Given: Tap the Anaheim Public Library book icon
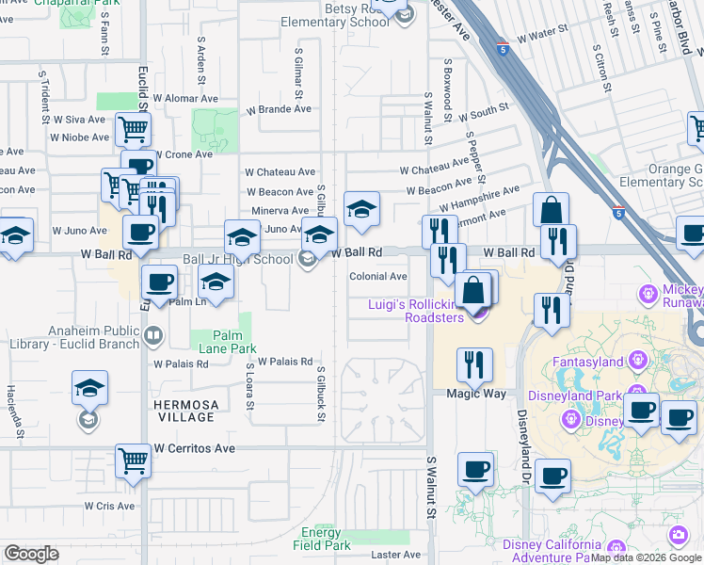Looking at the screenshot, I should [x=152, y=333].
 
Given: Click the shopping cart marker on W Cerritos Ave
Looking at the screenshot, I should [x=133, y=461].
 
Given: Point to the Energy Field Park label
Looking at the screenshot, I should [x=322, y=539].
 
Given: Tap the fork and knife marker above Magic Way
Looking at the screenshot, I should [x=474, y=363].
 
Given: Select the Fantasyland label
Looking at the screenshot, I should [x=588, y=362].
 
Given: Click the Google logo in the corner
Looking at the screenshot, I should [x=31, y=554].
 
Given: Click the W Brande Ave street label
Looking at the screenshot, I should [x=279, y=109].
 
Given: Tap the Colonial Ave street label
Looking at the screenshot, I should [x=378, y=277].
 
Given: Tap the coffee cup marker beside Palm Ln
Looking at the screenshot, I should [x=159, y=281].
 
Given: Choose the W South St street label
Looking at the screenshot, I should [x=484, y=113].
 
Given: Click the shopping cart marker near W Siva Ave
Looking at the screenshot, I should [x=133, y=128].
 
